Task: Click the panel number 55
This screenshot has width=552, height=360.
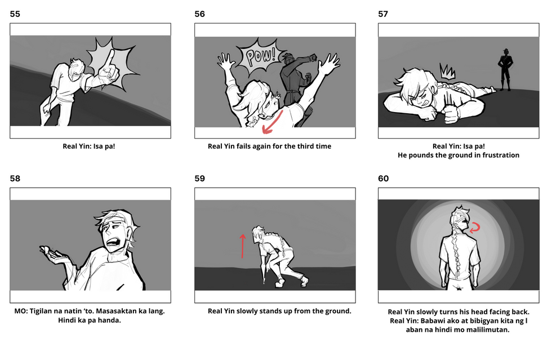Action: tap(15, 14)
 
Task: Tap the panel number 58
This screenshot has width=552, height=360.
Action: tap(15, 179)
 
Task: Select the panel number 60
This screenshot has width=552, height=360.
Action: tap(383, 179)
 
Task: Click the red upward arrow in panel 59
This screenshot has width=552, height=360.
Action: tap(242, 246)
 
